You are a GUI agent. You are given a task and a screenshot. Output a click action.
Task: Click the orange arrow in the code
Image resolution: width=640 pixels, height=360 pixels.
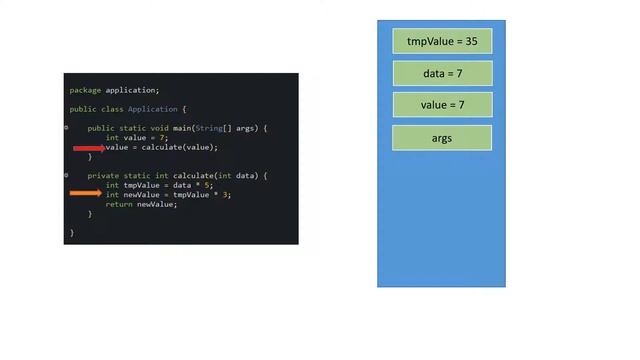[x=87, y=194]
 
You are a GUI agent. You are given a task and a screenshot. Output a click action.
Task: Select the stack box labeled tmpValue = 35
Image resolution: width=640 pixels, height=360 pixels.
[x=442, y=42]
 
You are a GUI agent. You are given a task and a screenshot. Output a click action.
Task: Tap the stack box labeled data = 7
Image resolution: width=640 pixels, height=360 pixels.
[x=442, y=74]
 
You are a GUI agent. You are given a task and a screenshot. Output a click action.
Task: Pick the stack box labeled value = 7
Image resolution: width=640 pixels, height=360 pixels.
[x=442, y=105]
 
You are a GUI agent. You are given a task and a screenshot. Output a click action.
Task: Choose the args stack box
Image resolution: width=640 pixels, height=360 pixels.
[x=442, y=138]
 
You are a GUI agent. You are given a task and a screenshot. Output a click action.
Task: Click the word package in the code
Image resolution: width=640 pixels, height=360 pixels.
[x=85, y=90]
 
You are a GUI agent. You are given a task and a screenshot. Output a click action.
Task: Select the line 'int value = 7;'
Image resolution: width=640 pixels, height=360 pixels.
[x=137, y=138]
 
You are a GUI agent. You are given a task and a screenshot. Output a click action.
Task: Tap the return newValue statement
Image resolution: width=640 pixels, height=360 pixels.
[x=141, y=204]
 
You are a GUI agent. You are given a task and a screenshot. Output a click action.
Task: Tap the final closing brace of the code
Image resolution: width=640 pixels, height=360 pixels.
[x=71, y=232]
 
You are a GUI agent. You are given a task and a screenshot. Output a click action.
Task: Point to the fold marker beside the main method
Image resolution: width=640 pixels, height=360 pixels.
[x=67, y=128]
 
